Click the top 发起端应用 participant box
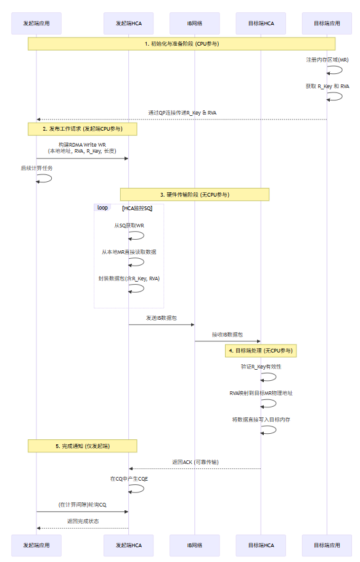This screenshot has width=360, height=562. point(36,23)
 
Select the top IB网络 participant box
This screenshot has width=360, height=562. point(195,23)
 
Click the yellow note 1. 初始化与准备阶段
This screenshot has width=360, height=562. point(181,44)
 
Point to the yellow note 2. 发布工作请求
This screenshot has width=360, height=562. point(82,129)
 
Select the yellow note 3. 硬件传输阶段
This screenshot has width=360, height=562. point(195,195)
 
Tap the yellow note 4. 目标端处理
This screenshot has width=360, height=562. point(261,350)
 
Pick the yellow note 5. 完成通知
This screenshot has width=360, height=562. point(82,446)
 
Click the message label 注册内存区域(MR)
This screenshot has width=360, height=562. point(327,60)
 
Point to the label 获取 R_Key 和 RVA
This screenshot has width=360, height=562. point(327,86)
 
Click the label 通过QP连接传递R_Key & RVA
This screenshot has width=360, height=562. point(182,113)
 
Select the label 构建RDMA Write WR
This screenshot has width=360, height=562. point(82,144)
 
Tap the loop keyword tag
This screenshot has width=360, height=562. point(102,208)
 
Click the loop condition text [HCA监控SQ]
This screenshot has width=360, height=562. point(137,208)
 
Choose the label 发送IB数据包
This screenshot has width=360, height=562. point(162,318)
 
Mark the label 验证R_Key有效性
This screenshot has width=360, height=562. point(261,366)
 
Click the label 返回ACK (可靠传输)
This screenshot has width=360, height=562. point(195,462)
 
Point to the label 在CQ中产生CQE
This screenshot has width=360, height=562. point(128,478)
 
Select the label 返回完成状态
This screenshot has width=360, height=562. point(82,521)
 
